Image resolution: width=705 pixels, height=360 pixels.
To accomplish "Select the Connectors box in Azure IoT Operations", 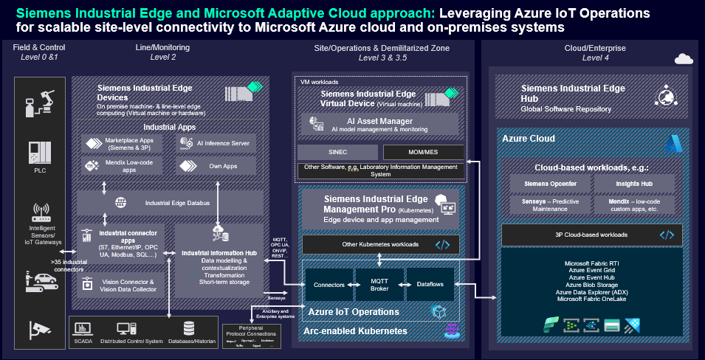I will point(329,283).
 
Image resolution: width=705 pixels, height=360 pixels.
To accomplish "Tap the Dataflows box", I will point(429,283).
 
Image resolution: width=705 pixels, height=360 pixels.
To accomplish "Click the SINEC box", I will point(337,152).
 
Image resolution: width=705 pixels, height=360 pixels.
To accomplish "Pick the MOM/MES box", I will point(423,152).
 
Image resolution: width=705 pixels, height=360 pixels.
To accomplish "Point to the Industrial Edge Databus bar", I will point(169,202).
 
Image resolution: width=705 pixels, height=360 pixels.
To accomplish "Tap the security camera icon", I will point(41,329).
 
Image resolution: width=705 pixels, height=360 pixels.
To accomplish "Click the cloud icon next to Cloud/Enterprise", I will point(683,59).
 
